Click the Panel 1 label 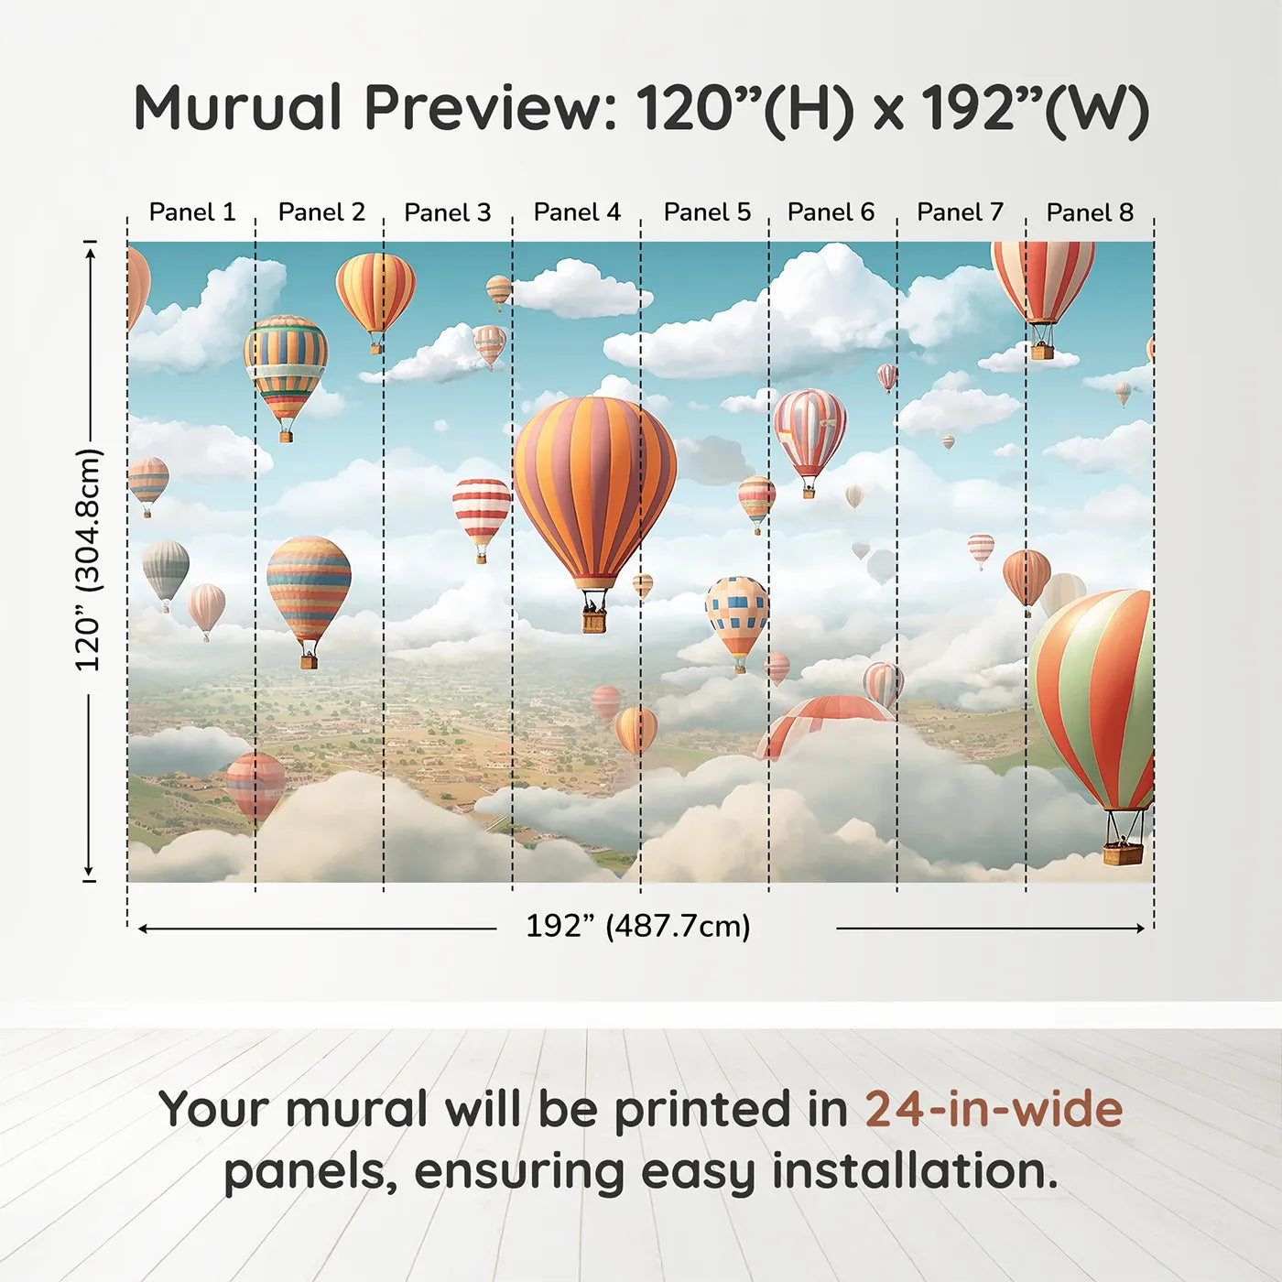[192, 212]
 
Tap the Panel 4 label [577, 212]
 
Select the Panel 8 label [1090, 212]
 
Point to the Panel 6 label [831, 212]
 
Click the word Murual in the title [238, 108]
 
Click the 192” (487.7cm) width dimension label [637, 926]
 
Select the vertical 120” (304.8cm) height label [88, 560]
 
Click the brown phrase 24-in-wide [994, 1109]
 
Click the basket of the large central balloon [594, 621]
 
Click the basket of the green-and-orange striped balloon [1123, 853]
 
